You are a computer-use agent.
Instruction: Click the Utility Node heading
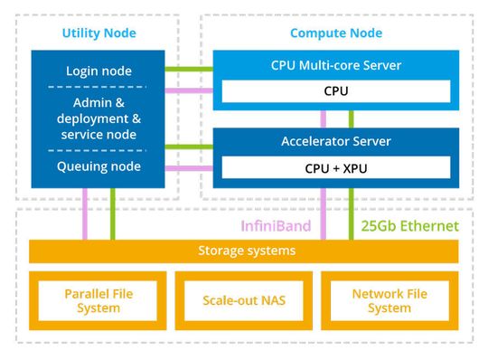[99, 33]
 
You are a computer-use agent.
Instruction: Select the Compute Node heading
[335, 33]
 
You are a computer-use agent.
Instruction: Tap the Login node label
[99, 71]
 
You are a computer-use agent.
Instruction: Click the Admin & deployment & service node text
[99, 118]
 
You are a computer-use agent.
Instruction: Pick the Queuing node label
[99, 166]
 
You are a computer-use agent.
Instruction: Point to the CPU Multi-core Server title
[335, 65]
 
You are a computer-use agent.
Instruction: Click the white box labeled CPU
[335, 91]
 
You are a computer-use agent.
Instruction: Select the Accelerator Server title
[335, 141]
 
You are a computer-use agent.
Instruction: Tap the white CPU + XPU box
[335, 168]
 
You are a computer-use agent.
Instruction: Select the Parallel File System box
[92, 300]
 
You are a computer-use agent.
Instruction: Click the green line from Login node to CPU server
[188, 69]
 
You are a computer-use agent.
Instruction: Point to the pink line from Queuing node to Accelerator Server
[188, 168]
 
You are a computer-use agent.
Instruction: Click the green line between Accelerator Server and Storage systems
[352, 213]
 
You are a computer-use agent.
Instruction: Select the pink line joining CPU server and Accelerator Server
[324, 118]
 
